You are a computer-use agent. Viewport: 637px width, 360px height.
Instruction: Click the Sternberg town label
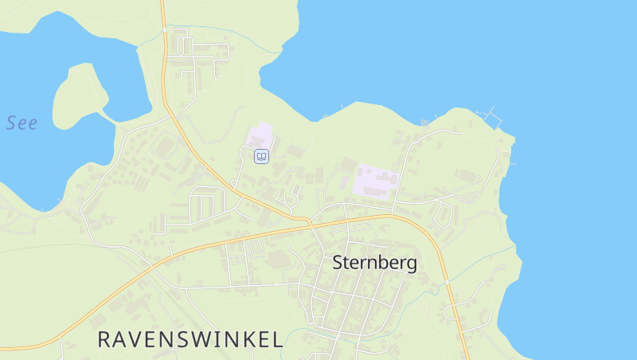[x=374, y=263]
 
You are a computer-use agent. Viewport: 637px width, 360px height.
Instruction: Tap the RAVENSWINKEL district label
[x=190, y=339]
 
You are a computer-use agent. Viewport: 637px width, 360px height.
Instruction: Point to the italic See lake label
[x=21, y=123]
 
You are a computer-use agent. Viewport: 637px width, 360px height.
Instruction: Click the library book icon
[x=260, y=156]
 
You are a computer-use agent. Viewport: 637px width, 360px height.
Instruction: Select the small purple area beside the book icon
[x=260, y=135]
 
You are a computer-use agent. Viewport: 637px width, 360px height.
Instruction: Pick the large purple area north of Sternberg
[x=375, y=179]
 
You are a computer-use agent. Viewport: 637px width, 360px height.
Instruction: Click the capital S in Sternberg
[x=338, y=263]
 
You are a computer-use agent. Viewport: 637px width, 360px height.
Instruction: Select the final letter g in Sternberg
[x=412, y=265]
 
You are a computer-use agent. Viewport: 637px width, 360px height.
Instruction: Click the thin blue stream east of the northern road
[x=239, y=40]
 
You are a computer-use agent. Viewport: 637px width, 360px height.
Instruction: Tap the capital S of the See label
[x=11, y=123]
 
